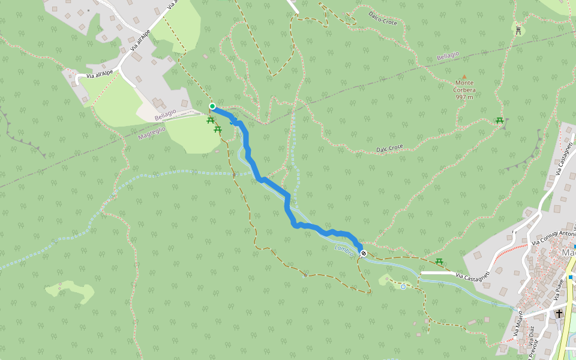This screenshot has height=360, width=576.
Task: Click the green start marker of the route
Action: coord(212,107)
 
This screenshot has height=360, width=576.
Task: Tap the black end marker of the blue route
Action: coord(363,253)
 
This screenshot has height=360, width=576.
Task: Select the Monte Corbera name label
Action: coord(464,86)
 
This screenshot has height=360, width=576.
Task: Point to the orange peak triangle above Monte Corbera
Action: coord(464,77)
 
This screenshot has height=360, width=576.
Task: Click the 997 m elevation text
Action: coord(464,97)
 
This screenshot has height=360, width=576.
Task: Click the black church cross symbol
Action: coord(559,314)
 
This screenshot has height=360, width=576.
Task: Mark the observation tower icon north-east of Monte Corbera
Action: coord(517,29)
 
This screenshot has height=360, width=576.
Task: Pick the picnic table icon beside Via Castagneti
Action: coord(439,262)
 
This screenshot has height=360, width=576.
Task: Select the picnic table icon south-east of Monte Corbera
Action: coord(499,121)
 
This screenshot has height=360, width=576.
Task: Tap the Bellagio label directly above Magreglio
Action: coord(165,113)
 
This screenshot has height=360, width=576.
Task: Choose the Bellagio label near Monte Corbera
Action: coord(448,56)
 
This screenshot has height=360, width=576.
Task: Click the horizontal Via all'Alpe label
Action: coord(100,74)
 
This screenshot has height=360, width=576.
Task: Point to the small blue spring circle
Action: coord(403,287)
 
